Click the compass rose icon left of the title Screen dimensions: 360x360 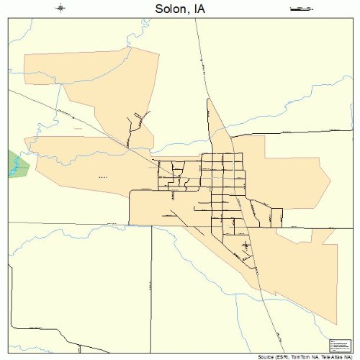(x=61, y=9)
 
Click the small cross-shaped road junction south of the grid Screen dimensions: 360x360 (x=247, y=246)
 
